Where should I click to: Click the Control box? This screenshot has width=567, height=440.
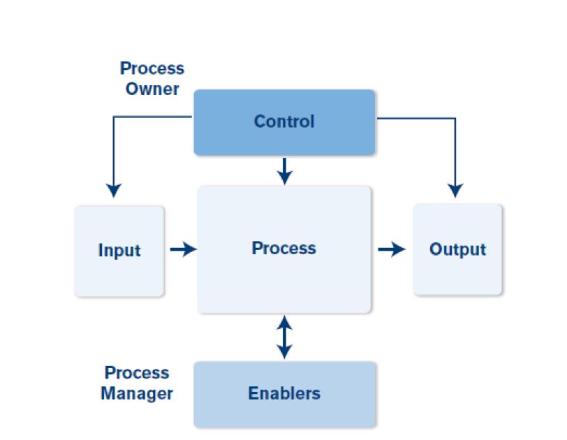(x=284, y=122)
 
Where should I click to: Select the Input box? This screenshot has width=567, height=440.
(x=119, y=251)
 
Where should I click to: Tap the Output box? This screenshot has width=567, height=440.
(x=457, y=249)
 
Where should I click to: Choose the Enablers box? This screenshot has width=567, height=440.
(x=285, y=395)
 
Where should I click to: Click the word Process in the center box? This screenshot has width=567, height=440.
(x=284, y=249)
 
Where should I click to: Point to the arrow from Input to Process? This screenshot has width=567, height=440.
(x=184, y=249)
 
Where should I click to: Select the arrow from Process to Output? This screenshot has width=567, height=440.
(x=392, y=249)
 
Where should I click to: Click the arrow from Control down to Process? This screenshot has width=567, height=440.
(x=285, y=171)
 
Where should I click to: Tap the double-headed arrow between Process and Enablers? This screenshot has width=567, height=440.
(x=285, y=337)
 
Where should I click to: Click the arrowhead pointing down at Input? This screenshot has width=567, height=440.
(x=114, y=190)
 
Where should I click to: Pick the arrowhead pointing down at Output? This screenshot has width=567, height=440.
(x=455, y=190)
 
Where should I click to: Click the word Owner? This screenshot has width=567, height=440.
(x=152, y=89)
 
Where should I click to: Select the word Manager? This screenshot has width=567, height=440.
(x=137, y=394)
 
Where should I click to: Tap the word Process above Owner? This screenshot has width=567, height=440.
(x=152, y=68)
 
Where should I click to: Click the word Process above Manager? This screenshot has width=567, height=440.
(x=137, y=373)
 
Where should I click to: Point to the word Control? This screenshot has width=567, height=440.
(x=284, y=121)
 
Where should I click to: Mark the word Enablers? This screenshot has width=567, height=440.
(x=284, y=393)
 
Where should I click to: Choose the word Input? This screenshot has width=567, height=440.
(x=119, y=251)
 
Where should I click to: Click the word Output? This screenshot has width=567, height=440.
(x=458, y=249)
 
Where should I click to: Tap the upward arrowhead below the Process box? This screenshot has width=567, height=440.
(x=285, y=323)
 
